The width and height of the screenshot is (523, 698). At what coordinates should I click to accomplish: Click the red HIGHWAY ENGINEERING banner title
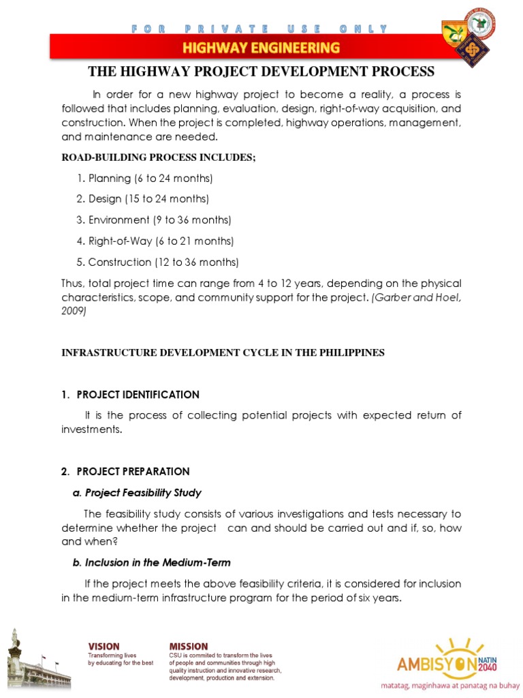coord(261,48)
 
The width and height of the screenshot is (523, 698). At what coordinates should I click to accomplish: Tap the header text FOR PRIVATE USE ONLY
coord(261,29)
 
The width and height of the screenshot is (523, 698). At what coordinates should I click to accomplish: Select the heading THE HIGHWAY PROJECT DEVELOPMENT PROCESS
coord(261,72)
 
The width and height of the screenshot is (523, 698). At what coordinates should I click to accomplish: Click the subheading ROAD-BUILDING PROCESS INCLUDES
coord(159,157)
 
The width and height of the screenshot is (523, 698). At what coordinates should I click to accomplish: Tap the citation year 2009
coord(74,310)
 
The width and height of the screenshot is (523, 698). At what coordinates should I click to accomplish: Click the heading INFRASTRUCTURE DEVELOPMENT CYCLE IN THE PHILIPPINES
coord(223,352)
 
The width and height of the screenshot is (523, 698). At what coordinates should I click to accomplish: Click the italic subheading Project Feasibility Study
coord(137,493)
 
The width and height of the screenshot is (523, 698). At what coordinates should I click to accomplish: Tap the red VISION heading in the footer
coord(103,646)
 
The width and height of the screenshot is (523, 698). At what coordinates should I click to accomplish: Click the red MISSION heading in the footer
coord(189,646)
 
